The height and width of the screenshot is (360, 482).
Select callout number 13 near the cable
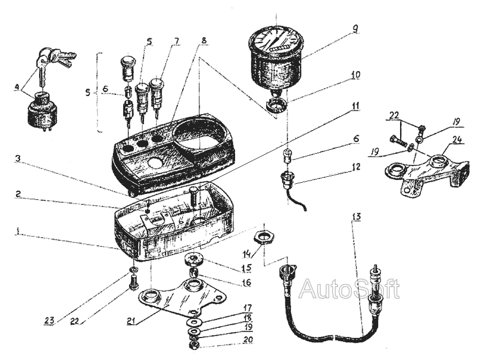[357, 217]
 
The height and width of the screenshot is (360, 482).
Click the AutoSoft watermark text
[349, 289]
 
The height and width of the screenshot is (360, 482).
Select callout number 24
[456, 140]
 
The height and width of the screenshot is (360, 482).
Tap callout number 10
[356, 76]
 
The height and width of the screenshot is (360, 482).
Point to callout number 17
[247, 308]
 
